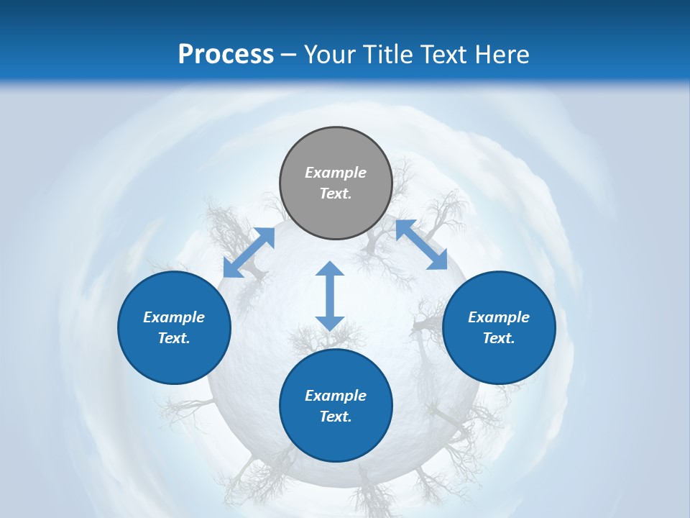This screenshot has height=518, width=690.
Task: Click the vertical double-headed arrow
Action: (x=330, y=296)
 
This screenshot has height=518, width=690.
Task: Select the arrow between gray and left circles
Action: (x=249, y=253)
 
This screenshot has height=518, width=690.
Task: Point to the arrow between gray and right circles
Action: (x=421, y=245)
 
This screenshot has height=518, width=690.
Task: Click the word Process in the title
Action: (x=226, y=54)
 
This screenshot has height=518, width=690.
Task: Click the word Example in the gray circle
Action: (x=336, y=173)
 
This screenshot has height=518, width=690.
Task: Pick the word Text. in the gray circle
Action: (x=336, y=194)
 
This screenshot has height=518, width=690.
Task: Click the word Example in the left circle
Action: (x=174, y=317)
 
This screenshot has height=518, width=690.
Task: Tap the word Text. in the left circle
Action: (x=174, y=338)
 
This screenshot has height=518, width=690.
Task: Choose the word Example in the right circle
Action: (x=499, y=317)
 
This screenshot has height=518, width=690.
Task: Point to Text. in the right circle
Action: (x=499, y=338)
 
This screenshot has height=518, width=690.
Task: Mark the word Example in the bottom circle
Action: (x=336, y=396)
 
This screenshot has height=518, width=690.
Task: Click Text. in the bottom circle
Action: (x=336, y=417)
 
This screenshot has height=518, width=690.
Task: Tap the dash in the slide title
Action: (x=289, y=55)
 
